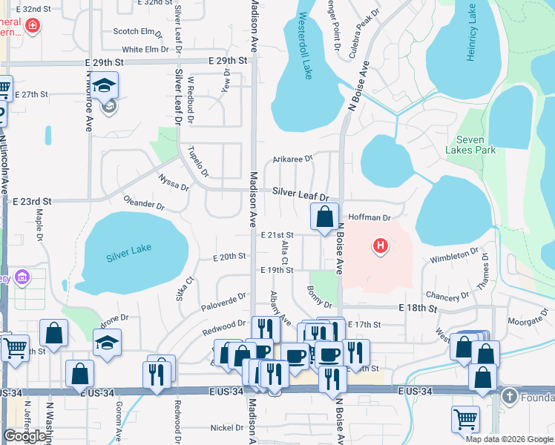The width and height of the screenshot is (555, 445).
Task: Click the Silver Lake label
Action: click(x=128, y=254)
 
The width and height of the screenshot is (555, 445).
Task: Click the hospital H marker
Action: click(x=381, y=245)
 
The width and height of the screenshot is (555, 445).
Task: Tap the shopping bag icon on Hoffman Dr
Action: click(x=324, y=217)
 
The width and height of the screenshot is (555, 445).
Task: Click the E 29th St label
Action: click(x=227, y=59)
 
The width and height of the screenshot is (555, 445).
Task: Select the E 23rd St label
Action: click(x=32, y=201)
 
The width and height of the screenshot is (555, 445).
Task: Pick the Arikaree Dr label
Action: click(x=293, y=158)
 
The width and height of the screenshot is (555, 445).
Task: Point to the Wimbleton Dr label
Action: click(x=454, y=256)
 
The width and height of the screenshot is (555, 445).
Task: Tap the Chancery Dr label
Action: click(x=449, y=295)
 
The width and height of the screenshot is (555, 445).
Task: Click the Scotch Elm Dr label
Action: click(x=137, y=31)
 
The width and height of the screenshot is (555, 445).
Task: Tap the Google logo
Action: click(x=24, y=436)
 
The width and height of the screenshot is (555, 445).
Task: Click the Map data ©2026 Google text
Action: click(x=509, y=439)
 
